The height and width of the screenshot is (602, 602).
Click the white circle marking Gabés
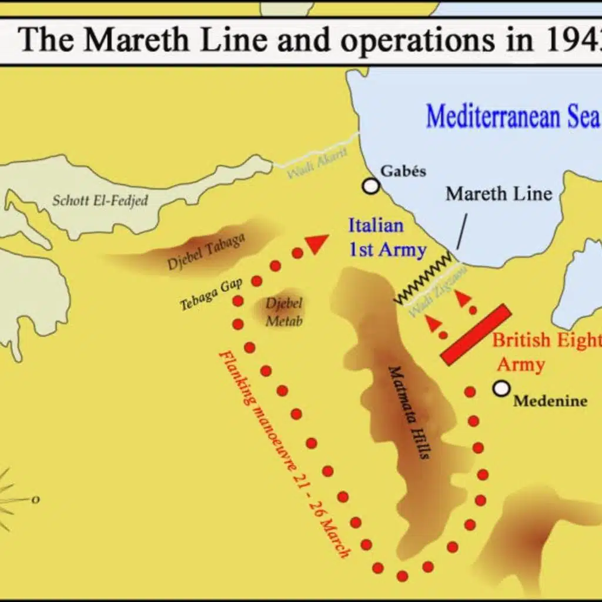click(371, 186)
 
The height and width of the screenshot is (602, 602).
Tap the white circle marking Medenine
click(501, 388)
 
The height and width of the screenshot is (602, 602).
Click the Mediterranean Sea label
click(512, 116)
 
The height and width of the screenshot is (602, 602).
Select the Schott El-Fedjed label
click(100, 200)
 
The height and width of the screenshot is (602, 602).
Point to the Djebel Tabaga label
click(206, 252)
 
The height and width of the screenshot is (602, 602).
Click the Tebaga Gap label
click(203, 293)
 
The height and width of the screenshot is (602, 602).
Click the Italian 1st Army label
click(386, 238)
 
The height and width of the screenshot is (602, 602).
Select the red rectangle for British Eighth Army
click(476, 334)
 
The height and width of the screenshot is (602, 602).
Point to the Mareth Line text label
click(499, 193)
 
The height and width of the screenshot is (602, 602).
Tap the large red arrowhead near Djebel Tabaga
click(317, 243)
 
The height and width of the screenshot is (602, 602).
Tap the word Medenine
click(550, 402)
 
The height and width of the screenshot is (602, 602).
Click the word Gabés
click(403, 171)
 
